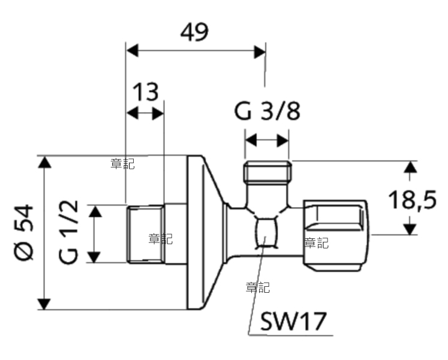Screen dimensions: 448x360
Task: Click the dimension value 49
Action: point(194,32)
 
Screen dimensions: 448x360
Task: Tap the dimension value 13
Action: point(145,92)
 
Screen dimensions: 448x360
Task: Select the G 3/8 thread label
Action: point(267,111)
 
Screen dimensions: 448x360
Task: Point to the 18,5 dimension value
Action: point(412,199)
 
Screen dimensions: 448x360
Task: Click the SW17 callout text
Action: point(293,322)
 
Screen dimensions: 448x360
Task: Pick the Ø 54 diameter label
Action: point(24,232)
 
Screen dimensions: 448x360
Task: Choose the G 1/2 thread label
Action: point(68,232)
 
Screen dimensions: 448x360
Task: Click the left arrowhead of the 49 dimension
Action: point(133,50)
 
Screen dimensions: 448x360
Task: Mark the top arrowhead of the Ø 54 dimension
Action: point(44,162)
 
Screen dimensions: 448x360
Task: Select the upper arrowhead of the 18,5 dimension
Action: point(410,167)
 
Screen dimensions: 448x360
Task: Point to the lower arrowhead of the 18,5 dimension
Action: point(410,229)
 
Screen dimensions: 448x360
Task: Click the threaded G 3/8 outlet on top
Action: point(267,172)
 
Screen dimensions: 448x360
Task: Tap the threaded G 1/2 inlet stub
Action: point(146,234)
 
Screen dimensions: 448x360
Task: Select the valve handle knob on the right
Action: point(335,236)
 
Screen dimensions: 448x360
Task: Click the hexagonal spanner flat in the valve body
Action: point(266,232)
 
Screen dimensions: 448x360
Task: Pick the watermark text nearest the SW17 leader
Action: point(258,287)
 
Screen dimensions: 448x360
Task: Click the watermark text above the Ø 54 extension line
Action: point(122,164)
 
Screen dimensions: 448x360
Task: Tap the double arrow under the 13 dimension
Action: point(145,113)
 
